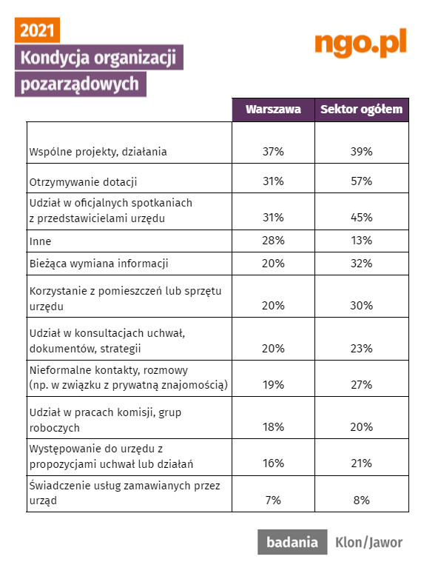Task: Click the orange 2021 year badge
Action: [x=37, y=30]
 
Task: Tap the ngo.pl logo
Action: [x=360, y=43]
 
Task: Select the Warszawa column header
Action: [x=273, y=110]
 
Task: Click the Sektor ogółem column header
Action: [x=362, y=110]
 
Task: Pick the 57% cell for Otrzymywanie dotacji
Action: [x=361, y=181]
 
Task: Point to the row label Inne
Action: [x=41, y=241]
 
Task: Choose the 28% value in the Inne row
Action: [x=273, y=241]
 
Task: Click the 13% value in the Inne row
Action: [x=361, y=241]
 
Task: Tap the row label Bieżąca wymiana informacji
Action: [x=98, y=264]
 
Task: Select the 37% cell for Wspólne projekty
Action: [x=273, y=151]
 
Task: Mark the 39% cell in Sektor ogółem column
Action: [x=361, y=151]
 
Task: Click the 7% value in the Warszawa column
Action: [x=273, y=500]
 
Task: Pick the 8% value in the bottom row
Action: [x=361, y=500]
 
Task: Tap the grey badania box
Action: [x=292, y=542]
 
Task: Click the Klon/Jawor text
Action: [x=368, y=542]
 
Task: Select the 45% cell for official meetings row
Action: [x=361, y=218]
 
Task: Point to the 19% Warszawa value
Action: [x=273, y=384]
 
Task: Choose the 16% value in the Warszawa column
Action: [x=273, y=463]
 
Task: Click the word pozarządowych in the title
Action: [x=80, y=84]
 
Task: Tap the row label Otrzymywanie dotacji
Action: [x=84, y=182]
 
